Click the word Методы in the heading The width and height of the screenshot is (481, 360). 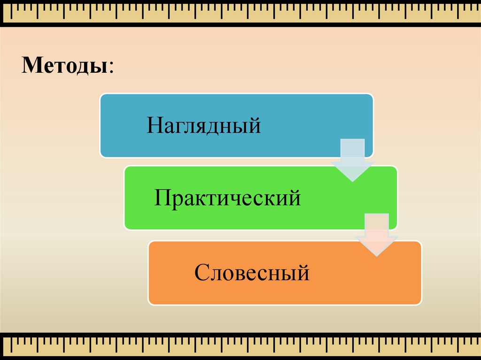(x=65, y=65)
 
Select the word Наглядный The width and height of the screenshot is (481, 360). (x=204, y=125)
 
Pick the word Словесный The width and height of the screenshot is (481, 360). (x=252, y=272)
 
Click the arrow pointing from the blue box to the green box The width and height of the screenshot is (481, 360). (x=352, y=160)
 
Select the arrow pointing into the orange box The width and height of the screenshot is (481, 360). (x=377, y=235)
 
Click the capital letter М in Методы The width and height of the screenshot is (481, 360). (x=32, y=65)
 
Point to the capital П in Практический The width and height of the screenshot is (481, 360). (x=162, y=198)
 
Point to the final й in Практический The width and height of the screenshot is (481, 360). (x=294, y=197)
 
